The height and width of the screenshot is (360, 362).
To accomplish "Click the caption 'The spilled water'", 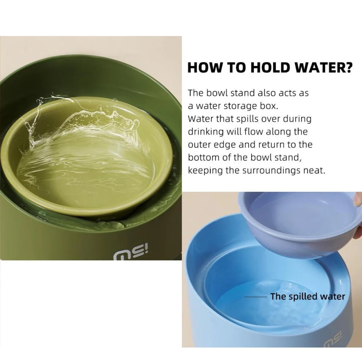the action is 308,296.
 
